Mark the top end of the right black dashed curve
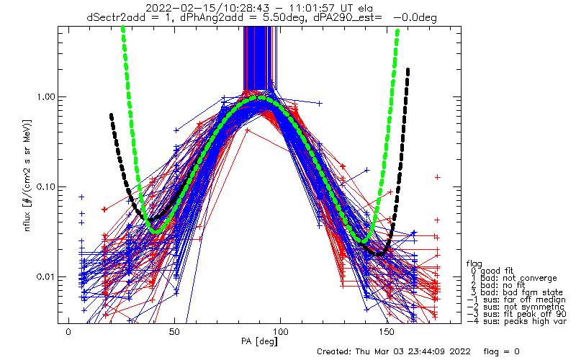[x=408, y=70]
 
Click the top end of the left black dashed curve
[x=111, y=115]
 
